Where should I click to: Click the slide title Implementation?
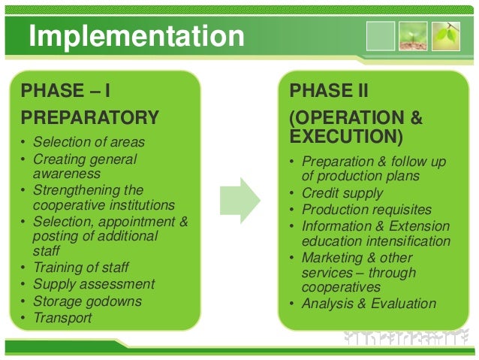[136, 35]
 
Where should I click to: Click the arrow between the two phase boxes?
[239, 201]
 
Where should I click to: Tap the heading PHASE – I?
[66, 92]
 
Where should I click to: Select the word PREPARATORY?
[90, 118]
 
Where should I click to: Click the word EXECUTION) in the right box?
[346, 138]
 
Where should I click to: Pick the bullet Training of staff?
[82, 267]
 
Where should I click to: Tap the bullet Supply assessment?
[94, 284]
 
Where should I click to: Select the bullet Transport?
[62, 318]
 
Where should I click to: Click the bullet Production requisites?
[366, 210]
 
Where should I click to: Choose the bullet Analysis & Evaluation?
[368, 304]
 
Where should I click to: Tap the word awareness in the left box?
[62, 173]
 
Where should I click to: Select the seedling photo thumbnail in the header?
[412, 35]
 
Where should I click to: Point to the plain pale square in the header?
[380, 35]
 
